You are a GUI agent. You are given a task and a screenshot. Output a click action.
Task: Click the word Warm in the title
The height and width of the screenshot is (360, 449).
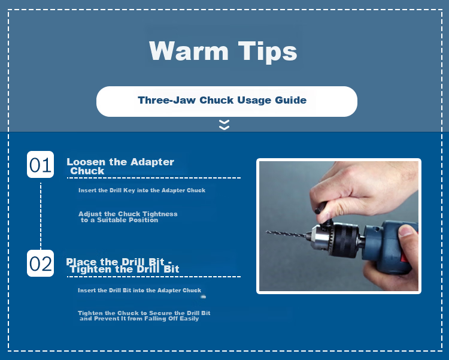tap(189, 50)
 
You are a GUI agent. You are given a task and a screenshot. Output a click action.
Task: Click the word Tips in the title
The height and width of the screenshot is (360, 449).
tap(268, 52)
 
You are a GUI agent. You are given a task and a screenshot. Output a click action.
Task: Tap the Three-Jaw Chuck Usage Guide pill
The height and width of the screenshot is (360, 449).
tap(227, 101)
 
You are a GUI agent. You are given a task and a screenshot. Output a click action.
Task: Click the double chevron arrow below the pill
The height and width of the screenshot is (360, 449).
tap(224, 125)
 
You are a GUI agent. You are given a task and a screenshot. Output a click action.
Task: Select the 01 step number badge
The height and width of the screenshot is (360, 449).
tap(40, 165)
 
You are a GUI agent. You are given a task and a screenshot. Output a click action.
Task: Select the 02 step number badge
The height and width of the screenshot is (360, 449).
tap(40, 263)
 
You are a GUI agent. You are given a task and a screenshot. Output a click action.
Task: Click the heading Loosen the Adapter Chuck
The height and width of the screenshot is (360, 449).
tap(120, 167)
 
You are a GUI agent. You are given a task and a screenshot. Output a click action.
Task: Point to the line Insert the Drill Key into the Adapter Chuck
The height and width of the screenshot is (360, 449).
tap(142, 190)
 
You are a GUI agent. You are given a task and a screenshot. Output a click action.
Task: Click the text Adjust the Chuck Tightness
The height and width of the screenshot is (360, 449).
tap(128, 214)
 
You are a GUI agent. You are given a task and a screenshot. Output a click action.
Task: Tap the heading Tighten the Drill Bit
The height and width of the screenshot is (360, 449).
tap(125, 270)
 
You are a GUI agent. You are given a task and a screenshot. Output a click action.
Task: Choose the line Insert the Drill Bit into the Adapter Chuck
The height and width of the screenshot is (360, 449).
tap(139, 291)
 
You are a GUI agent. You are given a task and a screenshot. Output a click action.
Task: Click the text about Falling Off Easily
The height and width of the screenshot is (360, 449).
tap(139, 319)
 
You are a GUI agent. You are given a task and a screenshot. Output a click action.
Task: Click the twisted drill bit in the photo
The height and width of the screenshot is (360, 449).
tap(286, 234)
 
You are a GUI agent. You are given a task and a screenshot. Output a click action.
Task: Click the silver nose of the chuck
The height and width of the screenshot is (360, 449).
tap(317, 237)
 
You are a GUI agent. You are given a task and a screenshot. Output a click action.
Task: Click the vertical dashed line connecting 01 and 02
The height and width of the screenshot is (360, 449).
tap(41, 216)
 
